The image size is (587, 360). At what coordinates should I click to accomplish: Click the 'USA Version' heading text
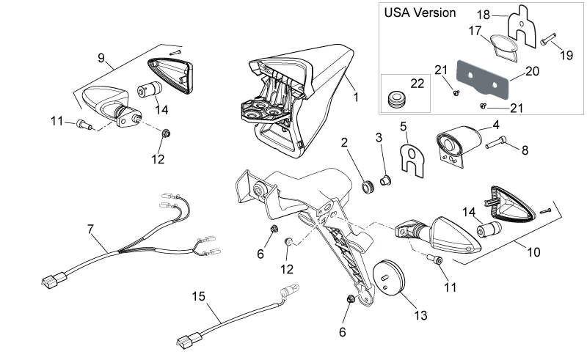(420, 12)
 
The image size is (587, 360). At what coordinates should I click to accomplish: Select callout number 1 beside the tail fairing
(356, 98)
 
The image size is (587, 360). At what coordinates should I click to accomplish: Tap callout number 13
(420, 315)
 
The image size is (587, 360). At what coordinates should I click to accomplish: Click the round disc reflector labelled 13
(390, 278)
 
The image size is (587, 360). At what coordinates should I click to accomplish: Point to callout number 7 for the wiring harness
(90, 229)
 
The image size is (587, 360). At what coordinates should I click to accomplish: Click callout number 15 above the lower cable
(198, 296)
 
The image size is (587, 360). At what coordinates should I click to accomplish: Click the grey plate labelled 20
(483, 80)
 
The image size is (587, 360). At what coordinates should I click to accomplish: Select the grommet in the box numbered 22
(394, 100)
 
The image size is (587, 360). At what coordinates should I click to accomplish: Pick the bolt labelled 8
(496, 143)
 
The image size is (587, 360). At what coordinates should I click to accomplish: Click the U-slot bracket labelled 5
(412, 161)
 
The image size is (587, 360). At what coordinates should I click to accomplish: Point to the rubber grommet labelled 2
(368, 187)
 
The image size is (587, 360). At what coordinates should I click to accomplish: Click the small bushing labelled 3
(386, 180)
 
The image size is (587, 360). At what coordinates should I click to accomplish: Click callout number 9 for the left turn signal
(101, 59)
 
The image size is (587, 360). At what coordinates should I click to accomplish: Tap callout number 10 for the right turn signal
(533, 252)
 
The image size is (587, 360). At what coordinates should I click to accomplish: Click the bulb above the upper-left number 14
(150, 89)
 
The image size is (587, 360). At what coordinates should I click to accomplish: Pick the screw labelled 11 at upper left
(84, 124)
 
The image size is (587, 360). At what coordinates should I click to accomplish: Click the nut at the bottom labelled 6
(351, 298)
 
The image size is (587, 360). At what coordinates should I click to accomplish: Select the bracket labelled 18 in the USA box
(522, 26)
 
